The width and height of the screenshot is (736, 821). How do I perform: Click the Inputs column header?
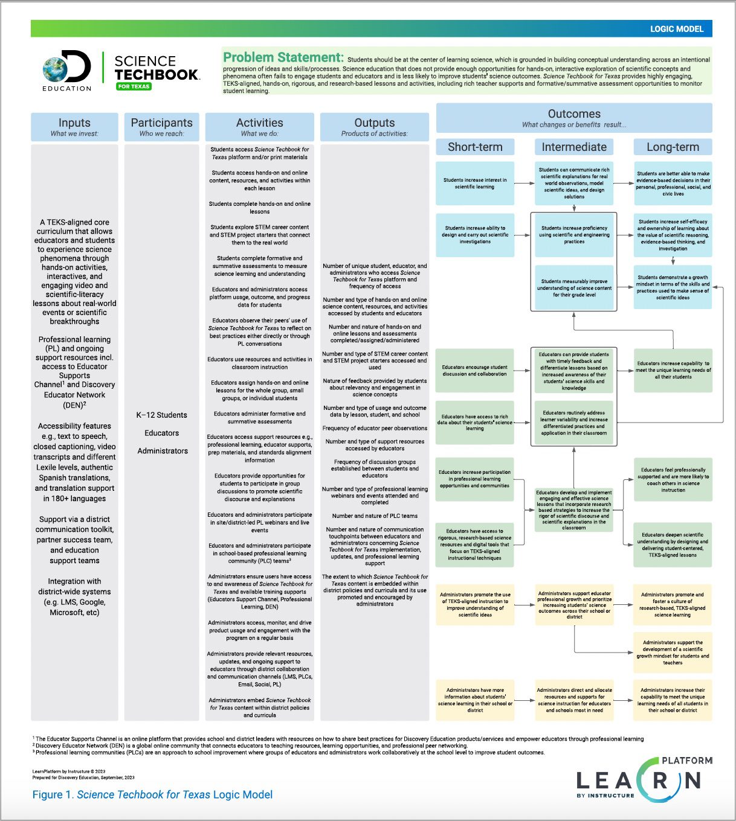(74, 127)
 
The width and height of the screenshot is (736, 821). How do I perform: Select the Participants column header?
(161, 127)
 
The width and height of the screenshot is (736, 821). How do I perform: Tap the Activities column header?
(259, 127)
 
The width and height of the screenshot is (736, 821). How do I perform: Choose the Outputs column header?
(374, 127)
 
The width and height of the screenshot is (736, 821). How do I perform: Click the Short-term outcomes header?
(475, 147)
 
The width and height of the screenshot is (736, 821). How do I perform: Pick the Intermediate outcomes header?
(574, 147)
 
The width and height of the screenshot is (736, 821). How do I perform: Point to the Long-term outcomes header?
(673, 147)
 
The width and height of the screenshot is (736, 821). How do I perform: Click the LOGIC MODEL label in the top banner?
(677, 29)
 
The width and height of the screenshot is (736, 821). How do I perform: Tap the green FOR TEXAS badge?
(134, 86)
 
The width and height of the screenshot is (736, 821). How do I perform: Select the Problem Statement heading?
(283, 58)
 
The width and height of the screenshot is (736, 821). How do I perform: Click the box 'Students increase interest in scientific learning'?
(475, 184)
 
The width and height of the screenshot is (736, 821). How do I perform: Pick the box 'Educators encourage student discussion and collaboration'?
(475, 371)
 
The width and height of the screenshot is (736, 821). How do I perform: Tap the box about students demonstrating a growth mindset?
(673, 287)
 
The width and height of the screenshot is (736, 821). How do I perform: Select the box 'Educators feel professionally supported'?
(673, 480)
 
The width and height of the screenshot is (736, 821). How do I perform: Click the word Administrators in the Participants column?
(162, 451)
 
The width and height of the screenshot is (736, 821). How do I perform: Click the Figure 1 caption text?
(152, 795)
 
